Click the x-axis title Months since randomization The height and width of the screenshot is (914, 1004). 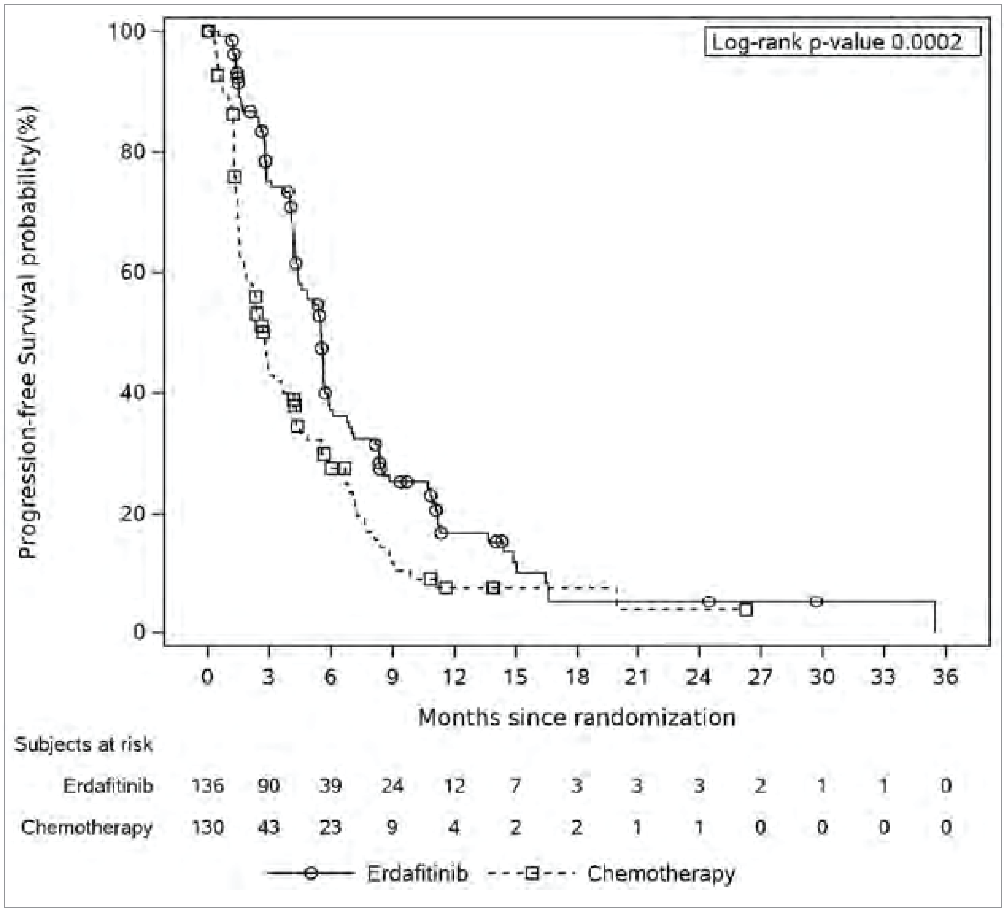click(x=577, y=717)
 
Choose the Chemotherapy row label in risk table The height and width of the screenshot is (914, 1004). click(x=87, y=827)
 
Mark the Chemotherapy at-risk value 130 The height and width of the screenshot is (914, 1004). click(x=208, y=827)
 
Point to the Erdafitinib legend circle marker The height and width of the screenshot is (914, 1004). click(x=311, y=874)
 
